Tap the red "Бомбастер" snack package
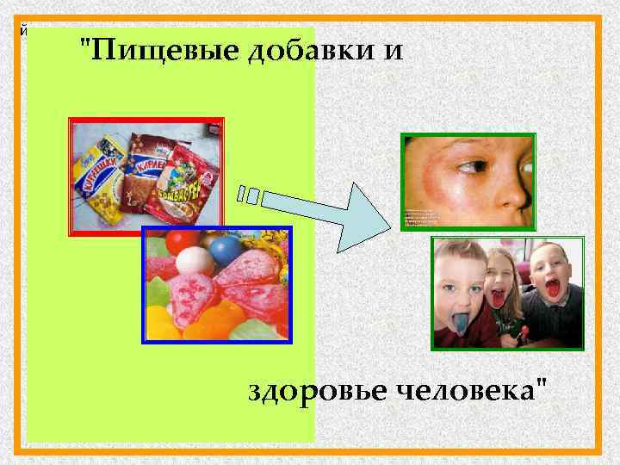pyautogui.click(x=191, y=177)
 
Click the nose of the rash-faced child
pyautogui.click(x=517, y=185)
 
